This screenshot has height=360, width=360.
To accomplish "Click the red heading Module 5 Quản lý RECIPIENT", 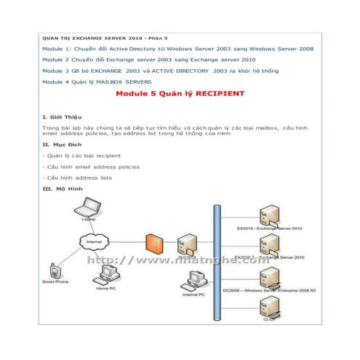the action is click(x=180, y=95).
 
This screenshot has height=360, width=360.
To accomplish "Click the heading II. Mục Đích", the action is click(x=62, y=144).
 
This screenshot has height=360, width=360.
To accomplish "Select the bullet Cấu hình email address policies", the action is click(x=92, y=167).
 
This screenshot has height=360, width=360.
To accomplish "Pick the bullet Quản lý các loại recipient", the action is click(x=82, y=156).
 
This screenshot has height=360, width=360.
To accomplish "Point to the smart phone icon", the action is click(x=52, y=270).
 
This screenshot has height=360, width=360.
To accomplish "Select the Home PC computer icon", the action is click(x=109, y=274).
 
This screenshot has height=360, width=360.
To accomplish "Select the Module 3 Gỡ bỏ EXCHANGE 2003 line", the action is click(x=160, y=71).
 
